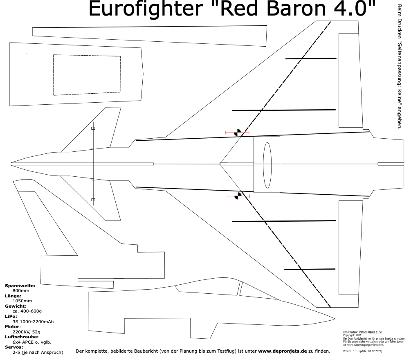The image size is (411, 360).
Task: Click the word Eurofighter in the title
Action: [x=146, y=9]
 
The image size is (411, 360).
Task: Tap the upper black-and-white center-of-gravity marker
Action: [x=238, y=133]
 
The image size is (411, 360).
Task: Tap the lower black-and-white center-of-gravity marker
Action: [x=238, y=196]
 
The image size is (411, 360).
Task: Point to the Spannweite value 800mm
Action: [x=21, y=291]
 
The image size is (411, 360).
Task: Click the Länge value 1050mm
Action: [x=22, y=301]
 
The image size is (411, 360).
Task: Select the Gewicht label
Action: [x=16, y=306]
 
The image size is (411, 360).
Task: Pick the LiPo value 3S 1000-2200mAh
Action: [x=33, y=322]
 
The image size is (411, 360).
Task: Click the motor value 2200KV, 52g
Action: [x=27, y=332]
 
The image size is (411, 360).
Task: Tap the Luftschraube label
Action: [x=22, y=337]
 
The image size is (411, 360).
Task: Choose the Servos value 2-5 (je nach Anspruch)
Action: [x=38, y=352]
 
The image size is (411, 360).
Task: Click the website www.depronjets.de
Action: [x=282, y=351]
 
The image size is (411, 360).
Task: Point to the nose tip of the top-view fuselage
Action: [x=11, y=163]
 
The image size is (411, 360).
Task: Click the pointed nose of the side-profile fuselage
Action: [x=335, y=319]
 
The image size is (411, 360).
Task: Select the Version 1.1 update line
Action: [x=362, y=351]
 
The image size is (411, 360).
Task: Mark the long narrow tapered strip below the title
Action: [x=149, y=36]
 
